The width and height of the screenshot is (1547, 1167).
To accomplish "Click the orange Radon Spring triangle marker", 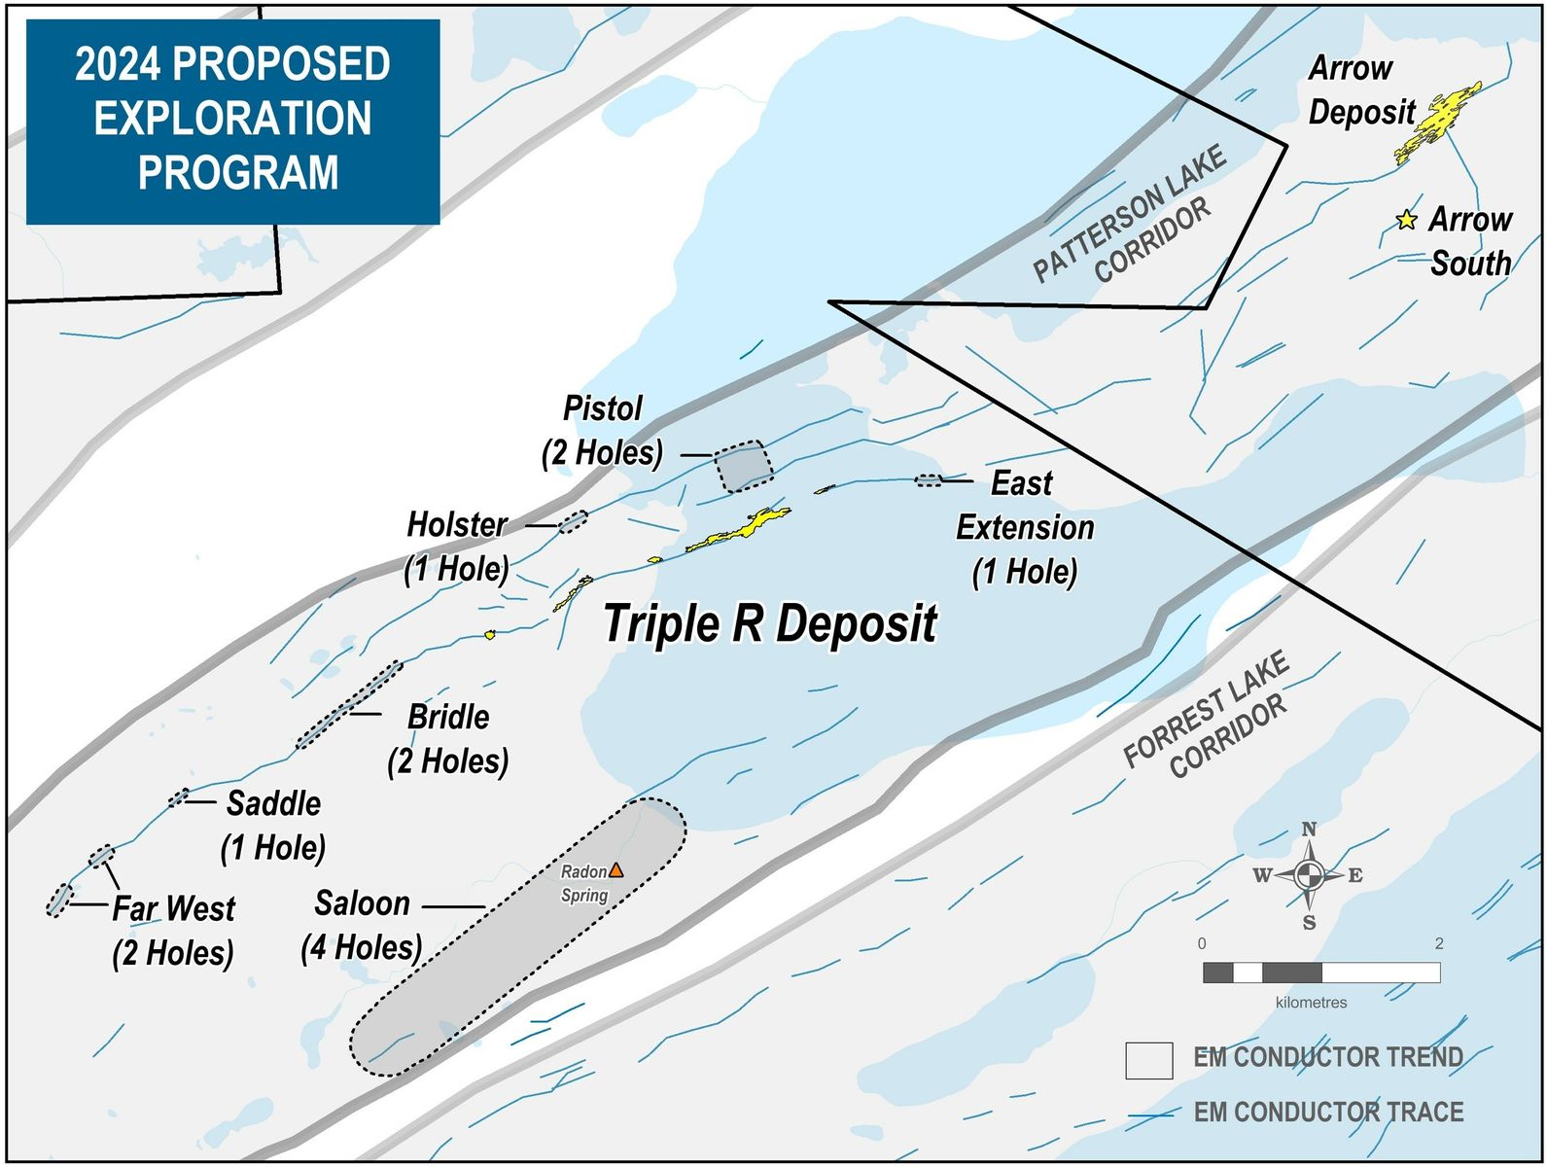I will click(x=615, y=870).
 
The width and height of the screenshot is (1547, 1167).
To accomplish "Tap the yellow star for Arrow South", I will click(x=1406, y=220).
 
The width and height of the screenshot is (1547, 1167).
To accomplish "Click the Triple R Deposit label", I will click(x=770, y=623).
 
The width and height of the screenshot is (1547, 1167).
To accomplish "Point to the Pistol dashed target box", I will click(x=744, y=467).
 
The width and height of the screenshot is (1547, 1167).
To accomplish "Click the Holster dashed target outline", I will click(x=573, y=521).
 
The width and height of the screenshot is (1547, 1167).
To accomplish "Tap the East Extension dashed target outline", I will click(x=929, y=480).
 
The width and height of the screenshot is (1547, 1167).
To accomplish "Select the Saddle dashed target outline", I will click(x=179, y=798).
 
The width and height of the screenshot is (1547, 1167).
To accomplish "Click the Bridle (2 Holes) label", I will click(x=448, y=739).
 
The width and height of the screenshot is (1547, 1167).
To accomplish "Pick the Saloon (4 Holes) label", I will click(x=362, y=925).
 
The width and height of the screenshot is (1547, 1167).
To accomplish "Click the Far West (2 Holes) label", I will click(x=173, y=931).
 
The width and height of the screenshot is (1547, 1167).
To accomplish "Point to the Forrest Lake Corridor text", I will click(x=1207, y=715).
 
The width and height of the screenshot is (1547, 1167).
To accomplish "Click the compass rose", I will click(x=1309, y=875).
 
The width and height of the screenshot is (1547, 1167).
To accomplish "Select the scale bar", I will click(x=1321, y=972).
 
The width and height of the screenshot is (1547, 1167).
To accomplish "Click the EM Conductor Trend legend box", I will click(x=1148, y=1061).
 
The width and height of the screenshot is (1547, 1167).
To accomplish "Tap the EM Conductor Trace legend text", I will click(x=1328, y=1112).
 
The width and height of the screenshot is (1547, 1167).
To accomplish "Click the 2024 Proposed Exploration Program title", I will click(x=233, y=119).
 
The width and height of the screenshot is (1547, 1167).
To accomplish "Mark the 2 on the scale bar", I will click(x=1439, y=943).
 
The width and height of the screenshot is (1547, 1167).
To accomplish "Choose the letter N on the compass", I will click(x=1309, y=830).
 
